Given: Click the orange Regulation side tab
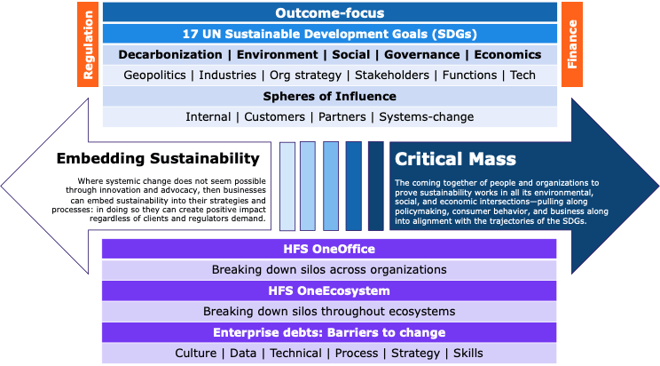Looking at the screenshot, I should [x=89, y=44].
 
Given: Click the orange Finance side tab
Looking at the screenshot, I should [x=571, y=44].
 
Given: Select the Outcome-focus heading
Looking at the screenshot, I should [x=330, y=12].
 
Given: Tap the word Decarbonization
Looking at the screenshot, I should [x=169, y=54].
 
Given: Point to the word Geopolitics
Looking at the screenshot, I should [x=157, y=76].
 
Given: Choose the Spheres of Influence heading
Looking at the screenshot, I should [x=330, y=96].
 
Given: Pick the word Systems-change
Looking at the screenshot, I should [x=431, y=116].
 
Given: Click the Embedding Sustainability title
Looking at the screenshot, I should [x=158, y=159].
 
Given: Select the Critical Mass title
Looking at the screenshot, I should [x=443, y=159].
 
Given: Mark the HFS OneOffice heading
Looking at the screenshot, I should [x=330, y=249].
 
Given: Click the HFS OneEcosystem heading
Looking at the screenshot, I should [x=330, y=290].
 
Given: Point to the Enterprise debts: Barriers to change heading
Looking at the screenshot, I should [x=330, y=332].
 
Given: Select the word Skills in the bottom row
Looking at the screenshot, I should [x=467, y=354].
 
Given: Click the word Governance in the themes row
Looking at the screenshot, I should [x=422, y=54].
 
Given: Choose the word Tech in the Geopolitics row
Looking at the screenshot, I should [x=522, y=76].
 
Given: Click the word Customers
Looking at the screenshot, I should [x=274, y=116].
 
